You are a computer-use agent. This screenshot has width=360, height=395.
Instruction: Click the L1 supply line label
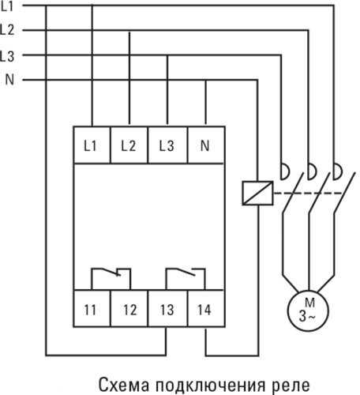coord(7,6)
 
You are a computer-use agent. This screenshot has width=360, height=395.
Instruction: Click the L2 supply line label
coord(7,30)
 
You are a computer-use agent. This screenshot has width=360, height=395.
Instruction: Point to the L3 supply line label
coord(7,56)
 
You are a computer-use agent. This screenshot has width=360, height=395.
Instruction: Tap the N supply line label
coord(9,79)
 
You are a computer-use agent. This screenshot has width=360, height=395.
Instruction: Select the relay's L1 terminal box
coord(92,145)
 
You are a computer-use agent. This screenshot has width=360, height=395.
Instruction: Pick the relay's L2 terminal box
coord(129,145)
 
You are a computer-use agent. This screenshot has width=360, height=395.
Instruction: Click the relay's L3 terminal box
coord(167,145)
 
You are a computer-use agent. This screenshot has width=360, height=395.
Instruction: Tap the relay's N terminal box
coord(206,145)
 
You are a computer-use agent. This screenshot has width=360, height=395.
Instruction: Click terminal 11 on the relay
coord(92,309)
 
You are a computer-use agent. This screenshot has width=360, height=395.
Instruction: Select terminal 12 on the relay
coord(129,309)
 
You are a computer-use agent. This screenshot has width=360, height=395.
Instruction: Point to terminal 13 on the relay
coord(167,309)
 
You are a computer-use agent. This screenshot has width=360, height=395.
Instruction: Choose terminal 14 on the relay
coord(206,309)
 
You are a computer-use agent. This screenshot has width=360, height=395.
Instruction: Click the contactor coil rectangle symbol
coord(257,193)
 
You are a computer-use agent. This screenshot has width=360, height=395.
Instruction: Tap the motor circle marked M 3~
coord(308,310)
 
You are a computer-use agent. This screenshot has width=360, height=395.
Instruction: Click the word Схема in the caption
coord(124,385)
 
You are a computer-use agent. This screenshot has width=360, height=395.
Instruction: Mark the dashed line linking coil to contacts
coord(308,193)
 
